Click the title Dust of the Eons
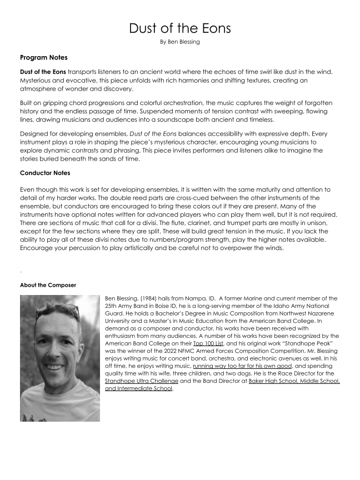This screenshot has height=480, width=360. [179, 28]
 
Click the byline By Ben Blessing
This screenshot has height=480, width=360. [179, 42]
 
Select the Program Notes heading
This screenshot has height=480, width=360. [44, 57]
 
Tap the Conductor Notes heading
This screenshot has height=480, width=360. [45, 173]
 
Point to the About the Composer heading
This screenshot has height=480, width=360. [48, 285]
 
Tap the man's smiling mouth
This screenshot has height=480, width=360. [55, 367]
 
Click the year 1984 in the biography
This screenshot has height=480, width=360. [152, 299]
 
